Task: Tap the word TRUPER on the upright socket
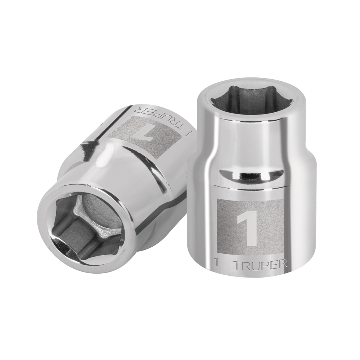(x=261, y=265)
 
